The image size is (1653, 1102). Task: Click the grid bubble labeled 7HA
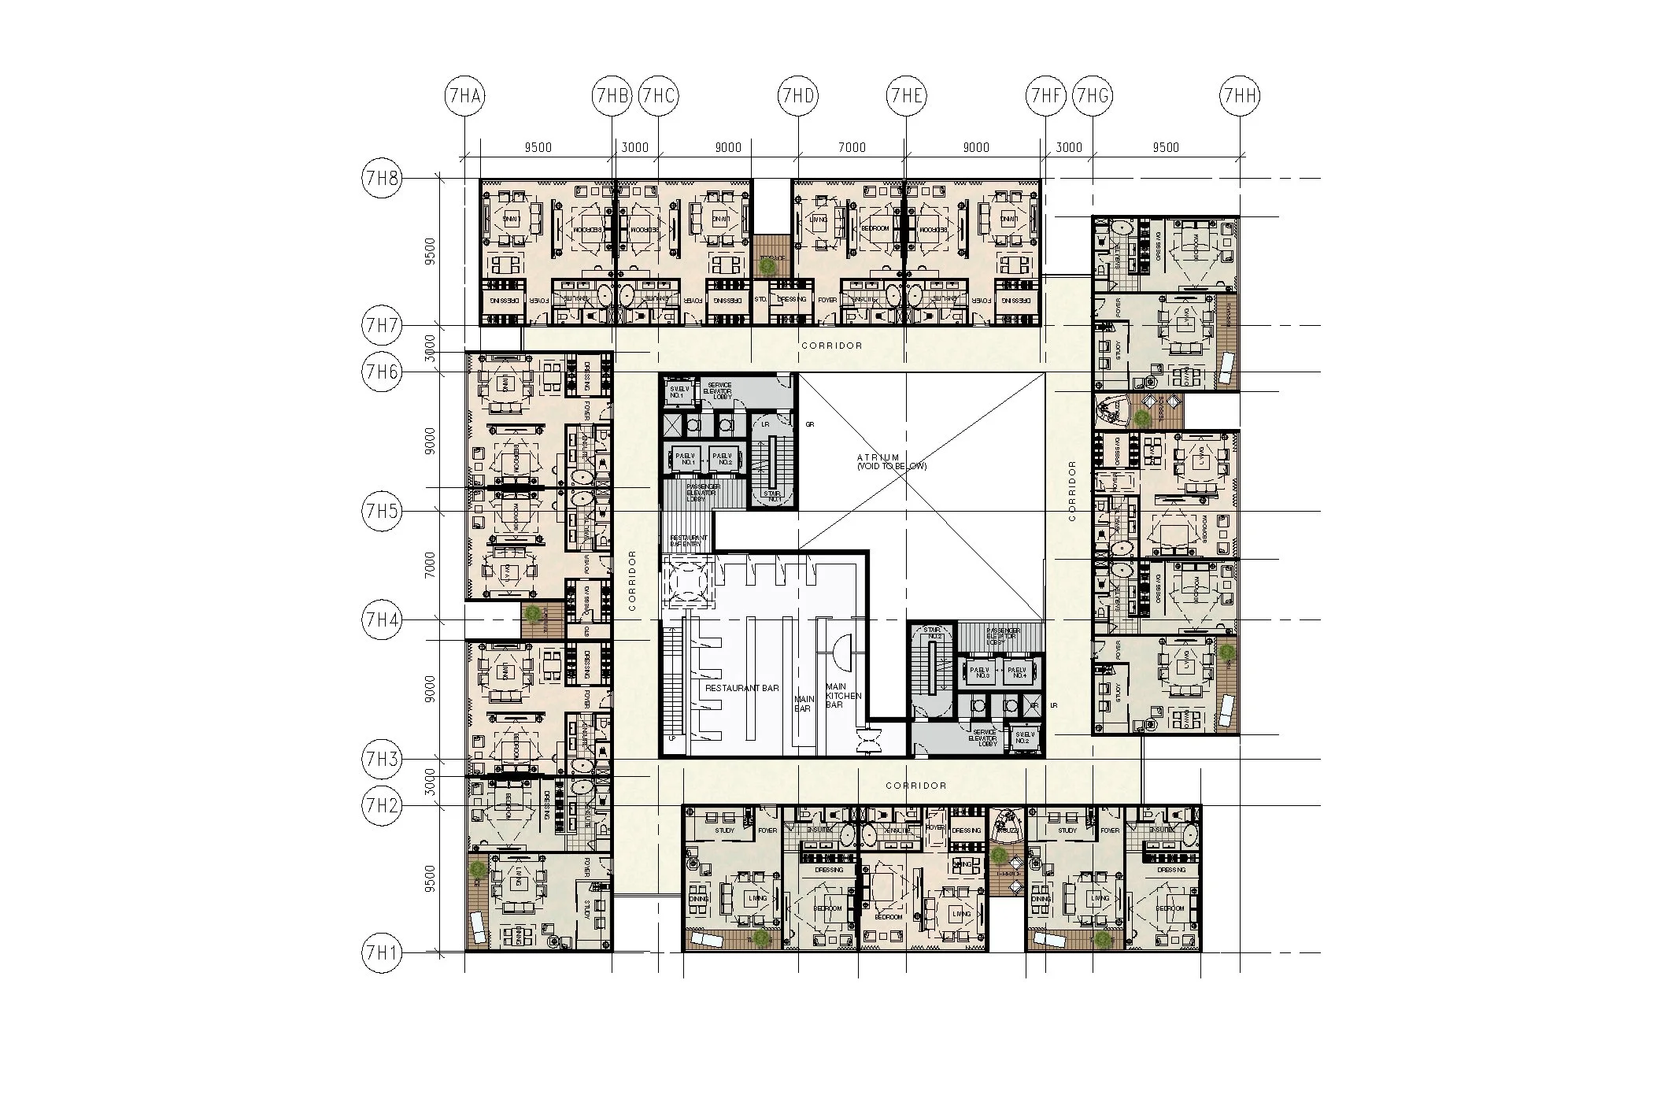click(465, 97)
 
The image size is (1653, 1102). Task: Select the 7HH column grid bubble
click(1240, 97)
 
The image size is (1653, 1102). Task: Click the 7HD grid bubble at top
click(798, 97)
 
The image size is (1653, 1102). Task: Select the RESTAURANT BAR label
click(741, 688)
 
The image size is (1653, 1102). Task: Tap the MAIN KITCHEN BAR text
click(843, 696)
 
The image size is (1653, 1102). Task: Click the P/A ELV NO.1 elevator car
click(687, 458)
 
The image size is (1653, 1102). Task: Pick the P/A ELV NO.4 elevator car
click(1019, 672)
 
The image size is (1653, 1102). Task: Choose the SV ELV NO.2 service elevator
click(1022, 737)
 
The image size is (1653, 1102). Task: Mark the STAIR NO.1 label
click(773, 496)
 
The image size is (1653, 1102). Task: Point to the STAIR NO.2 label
click(933, 634)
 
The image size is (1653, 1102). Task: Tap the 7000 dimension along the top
click(852, 147)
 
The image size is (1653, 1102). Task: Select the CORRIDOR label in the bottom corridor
click(915, 786)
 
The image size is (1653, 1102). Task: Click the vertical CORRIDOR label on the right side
click(1072, 491)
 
